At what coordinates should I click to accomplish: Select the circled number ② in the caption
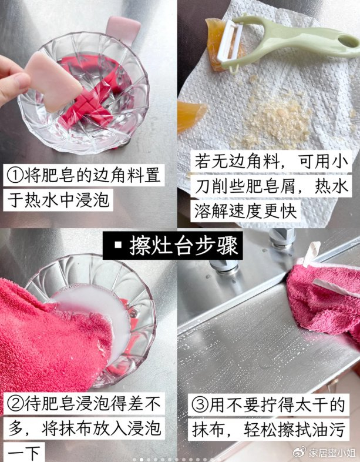pos(15,404)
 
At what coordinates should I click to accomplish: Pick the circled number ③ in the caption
pos(200,405)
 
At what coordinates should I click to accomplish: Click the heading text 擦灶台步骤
pos(184,246)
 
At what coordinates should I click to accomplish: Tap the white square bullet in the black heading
pos(118,245)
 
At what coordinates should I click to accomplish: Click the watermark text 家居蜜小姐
pos(332,452)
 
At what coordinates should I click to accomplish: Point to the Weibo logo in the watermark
pos(300,451)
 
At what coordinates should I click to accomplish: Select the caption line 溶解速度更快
pos(245,211)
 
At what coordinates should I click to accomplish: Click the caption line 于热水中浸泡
pos(58,200)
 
